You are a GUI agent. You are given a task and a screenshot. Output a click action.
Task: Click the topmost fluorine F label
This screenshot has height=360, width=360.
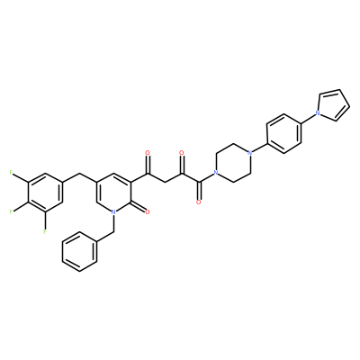click(x=11, y=172)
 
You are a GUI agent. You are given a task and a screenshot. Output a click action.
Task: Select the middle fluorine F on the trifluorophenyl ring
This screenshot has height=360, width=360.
click(x=11, y=211)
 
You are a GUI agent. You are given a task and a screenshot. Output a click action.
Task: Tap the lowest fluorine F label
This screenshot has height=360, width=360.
click(x=45, y=231)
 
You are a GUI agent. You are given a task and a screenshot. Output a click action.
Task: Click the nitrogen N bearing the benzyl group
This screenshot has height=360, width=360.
click(x=113, y=212)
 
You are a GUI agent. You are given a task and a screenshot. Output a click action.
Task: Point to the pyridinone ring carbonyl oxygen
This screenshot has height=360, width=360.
click(x=148, y=212)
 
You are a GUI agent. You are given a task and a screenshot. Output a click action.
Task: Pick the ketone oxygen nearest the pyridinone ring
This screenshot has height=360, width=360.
click(x=148, y=153)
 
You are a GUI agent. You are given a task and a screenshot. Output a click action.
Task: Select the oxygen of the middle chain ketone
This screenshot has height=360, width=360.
click(x=182, y=153)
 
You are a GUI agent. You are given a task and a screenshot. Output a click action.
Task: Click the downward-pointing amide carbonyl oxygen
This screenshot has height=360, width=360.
click(x=198, y=202)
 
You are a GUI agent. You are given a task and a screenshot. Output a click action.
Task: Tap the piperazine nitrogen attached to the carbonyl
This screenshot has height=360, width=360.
click(x=215, y=173)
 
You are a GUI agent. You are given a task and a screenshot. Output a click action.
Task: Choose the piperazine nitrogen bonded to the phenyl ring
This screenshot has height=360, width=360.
click(x=249, y=153)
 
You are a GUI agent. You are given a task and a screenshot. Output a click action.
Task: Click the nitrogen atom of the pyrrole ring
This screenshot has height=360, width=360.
click(x=317, y=113)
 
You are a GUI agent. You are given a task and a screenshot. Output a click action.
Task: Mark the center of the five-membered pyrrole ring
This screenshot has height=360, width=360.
click(x=334, y=105)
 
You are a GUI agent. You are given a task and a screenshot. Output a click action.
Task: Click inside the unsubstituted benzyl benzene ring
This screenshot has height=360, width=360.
click(x=79, y=251)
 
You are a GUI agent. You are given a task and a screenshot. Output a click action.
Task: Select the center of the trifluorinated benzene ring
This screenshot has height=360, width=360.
click(x=45, y=192)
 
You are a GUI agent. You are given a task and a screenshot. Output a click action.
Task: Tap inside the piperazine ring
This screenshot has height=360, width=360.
click(x=232, y=163)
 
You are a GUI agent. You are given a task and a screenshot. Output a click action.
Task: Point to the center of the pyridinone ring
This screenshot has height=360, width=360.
click(x=113, y=192)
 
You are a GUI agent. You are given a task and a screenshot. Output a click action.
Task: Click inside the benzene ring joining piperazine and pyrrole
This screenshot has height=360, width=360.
click(x=283, y=133)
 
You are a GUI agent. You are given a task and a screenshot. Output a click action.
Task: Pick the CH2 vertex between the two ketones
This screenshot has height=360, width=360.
click(x=165, y=183)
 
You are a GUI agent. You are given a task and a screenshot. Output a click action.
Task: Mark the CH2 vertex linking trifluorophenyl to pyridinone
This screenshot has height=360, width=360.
click(x=79, y=173)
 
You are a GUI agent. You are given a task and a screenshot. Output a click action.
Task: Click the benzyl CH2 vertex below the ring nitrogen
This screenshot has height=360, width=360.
click(x=113, y=231)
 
